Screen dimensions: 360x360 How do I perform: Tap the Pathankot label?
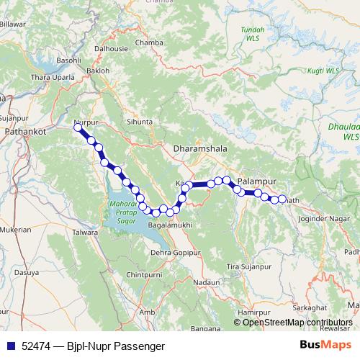[25, 132]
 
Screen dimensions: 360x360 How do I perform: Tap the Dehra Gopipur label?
[175, 253]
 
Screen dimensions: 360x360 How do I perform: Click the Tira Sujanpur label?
[249, 267]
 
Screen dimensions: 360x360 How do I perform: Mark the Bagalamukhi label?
[168, 226]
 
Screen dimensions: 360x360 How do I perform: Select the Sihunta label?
[139, 122]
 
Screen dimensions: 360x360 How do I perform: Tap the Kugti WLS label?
[322, 71]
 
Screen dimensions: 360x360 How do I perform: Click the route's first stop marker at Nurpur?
[78, 127]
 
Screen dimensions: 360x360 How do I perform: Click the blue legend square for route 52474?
[9, 346]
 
